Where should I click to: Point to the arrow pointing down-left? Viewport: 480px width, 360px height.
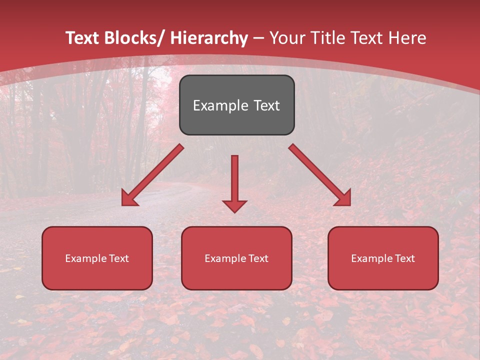(x=153, y=175)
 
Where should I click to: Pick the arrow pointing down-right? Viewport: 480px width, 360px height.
(x=319, y=175)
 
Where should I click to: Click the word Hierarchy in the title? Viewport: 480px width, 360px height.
(x=208, y=38)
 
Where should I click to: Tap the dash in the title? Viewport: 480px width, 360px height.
(x=258, y=38)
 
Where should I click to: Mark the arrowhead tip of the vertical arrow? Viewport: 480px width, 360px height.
(x=234, y=212)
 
